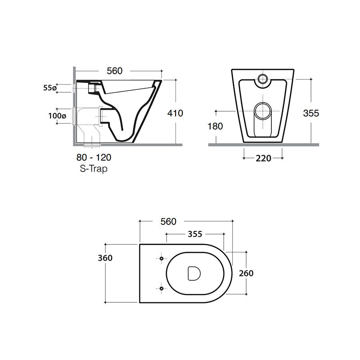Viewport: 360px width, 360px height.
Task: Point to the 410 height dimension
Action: click(175, 113)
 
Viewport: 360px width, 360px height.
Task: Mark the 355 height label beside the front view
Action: click(311, 113)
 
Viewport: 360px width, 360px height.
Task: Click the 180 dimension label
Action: click(216, 126)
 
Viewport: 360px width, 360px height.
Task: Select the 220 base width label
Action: click(263, 158)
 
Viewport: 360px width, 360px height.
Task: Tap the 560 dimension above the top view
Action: click(168, 221)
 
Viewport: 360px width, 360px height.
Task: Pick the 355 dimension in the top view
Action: click(194, 234)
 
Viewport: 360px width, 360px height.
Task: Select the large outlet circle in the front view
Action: click(263, 110)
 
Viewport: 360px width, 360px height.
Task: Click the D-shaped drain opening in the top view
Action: click(194, 273)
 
